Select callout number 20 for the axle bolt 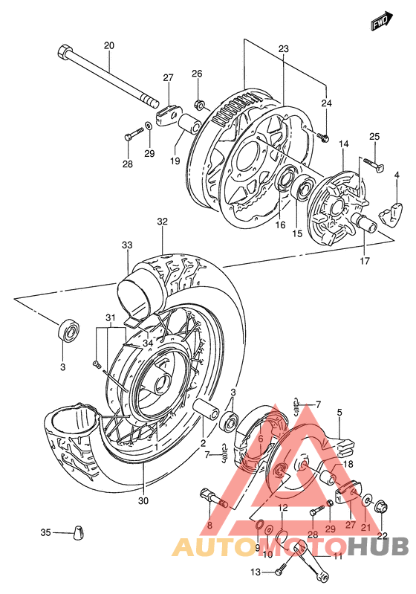109,46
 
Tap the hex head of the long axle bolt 63,53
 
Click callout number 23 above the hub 284,48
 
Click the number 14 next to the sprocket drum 344,143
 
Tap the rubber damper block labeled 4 387,215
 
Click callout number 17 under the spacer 364,261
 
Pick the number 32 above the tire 163,222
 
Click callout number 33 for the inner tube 128,245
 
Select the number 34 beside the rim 147,343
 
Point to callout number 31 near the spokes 111,319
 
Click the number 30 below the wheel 143,500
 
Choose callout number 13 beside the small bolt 256,572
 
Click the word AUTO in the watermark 209,548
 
